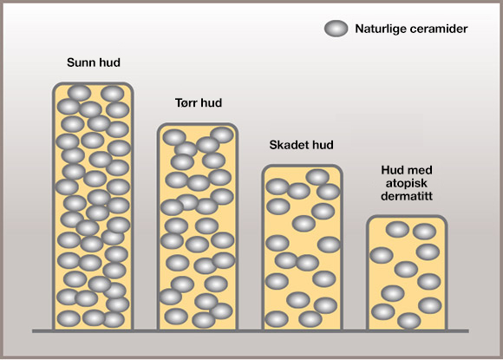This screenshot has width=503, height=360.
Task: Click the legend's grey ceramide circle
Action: [336, 29]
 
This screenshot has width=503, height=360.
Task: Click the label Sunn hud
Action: [94, 62]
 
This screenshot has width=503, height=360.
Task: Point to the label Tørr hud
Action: [199, 102]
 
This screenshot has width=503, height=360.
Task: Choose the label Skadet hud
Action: [301, 145]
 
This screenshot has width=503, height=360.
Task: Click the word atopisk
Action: [407, 183]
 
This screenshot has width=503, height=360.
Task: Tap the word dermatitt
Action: [407, 196]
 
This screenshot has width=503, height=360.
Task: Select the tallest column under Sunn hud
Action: [93, 206]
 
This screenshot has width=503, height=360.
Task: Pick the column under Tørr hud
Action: [197, 226]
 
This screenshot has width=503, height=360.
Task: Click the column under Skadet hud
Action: [302, 247]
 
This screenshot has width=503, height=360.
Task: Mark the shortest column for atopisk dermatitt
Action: [407, 272]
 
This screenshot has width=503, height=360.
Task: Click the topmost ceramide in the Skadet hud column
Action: [317, 177]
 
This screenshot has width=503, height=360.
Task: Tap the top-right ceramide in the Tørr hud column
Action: [222, 134]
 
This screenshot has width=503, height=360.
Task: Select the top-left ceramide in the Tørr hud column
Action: [174, 138]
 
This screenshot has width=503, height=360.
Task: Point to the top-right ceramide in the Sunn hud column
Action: [112, 94]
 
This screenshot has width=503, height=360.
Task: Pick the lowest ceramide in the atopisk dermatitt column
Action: [409, 321]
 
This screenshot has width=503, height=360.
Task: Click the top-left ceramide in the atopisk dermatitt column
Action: [397, 229]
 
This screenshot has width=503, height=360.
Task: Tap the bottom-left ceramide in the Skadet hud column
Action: [277, 319]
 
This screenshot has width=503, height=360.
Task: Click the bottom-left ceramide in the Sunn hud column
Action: [69, 319]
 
